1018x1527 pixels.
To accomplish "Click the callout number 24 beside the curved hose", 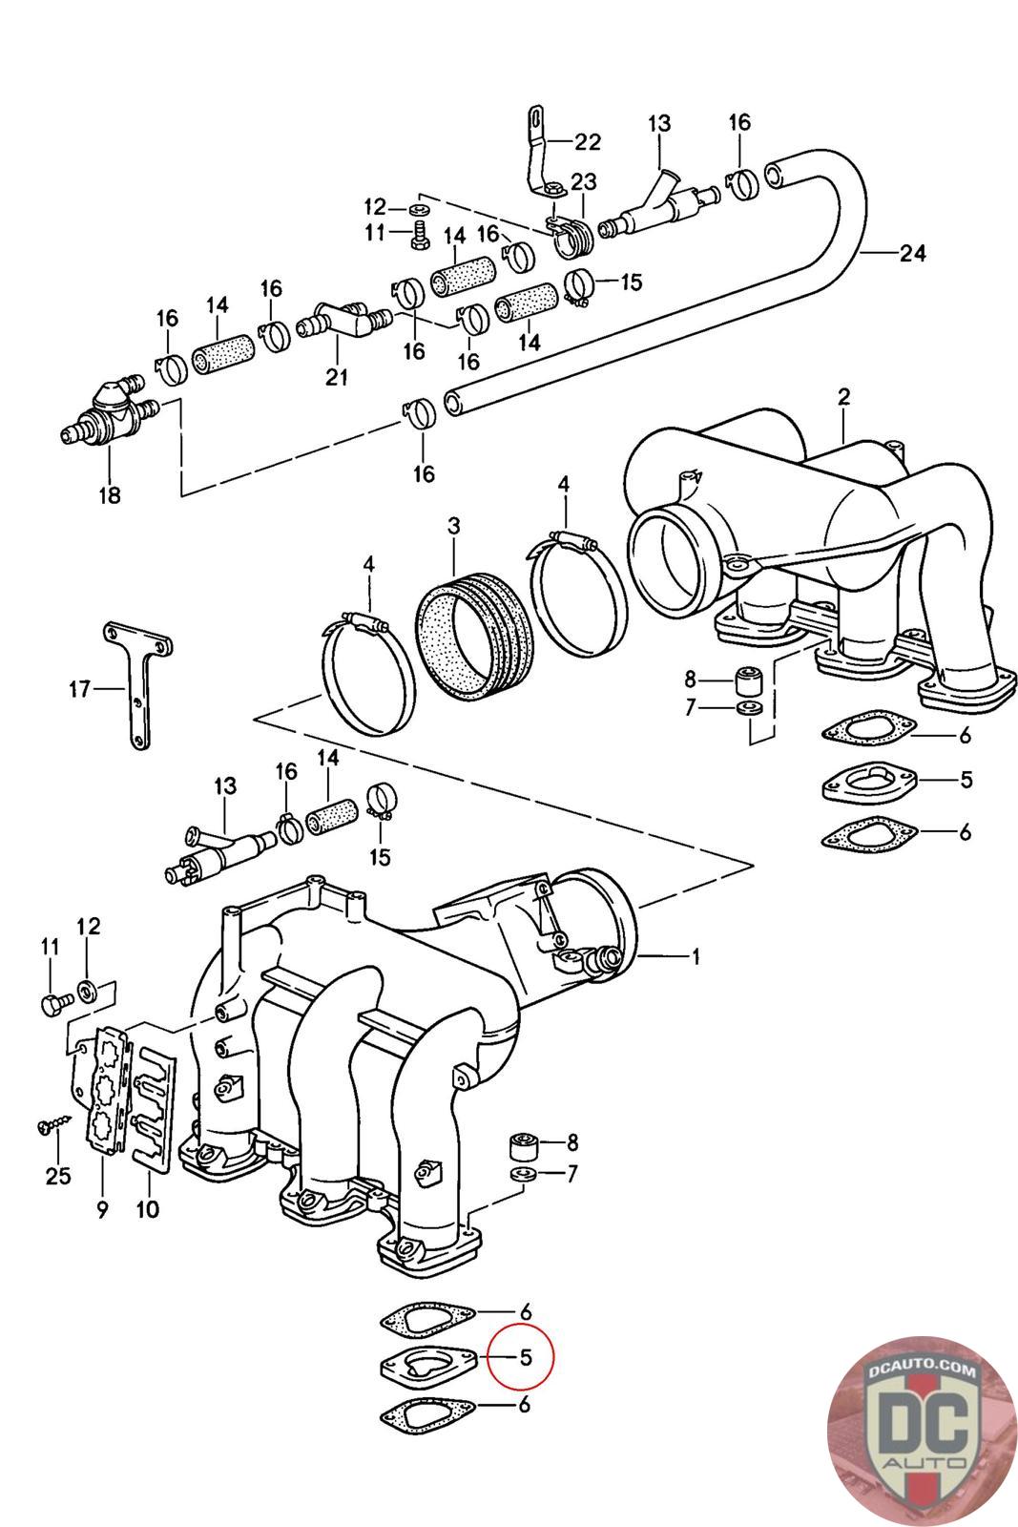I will [911, 253].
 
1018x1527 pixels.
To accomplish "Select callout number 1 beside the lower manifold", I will [696, 955].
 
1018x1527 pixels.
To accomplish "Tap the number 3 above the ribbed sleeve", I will [453, 526].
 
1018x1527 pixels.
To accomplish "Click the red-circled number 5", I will [524, 1355].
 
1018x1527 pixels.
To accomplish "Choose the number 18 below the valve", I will [110, 496].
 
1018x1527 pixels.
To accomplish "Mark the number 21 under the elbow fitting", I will [336, 377].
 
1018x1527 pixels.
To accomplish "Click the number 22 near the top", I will [588, 142].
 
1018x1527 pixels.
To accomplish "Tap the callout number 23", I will [583, 182].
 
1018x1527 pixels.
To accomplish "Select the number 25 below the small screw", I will [58, 1175].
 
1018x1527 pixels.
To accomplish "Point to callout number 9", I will [102, 1210].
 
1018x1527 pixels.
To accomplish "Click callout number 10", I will [148, 1210].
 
